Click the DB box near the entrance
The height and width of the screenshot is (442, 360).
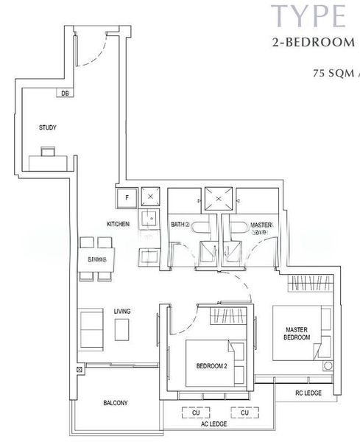(66, 93)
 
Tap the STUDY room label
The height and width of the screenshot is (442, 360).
(48, 127)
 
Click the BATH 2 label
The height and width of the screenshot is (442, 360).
(180, 224)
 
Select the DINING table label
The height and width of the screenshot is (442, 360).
(97, 259)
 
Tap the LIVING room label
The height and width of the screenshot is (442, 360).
(122, 312)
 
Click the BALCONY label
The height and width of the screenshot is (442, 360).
(116, 403)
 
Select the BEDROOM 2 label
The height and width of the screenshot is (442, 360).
(211, 366)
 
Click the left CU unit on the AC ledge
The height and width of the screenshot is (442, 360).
(196, 413)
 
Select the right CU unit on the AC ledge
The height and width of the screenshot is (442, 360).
(244, 413)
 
